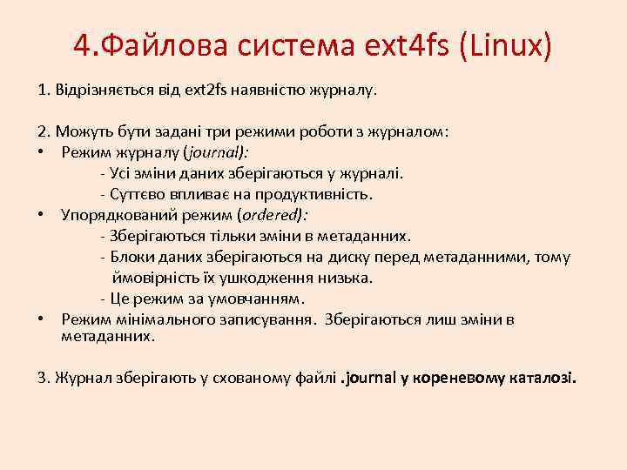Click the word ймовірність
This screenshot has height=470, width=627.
[149, 278]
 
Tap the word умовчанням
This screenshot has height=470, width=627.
[261, 299]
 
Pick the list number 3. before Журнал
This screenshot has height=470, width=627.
[44, 378]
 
